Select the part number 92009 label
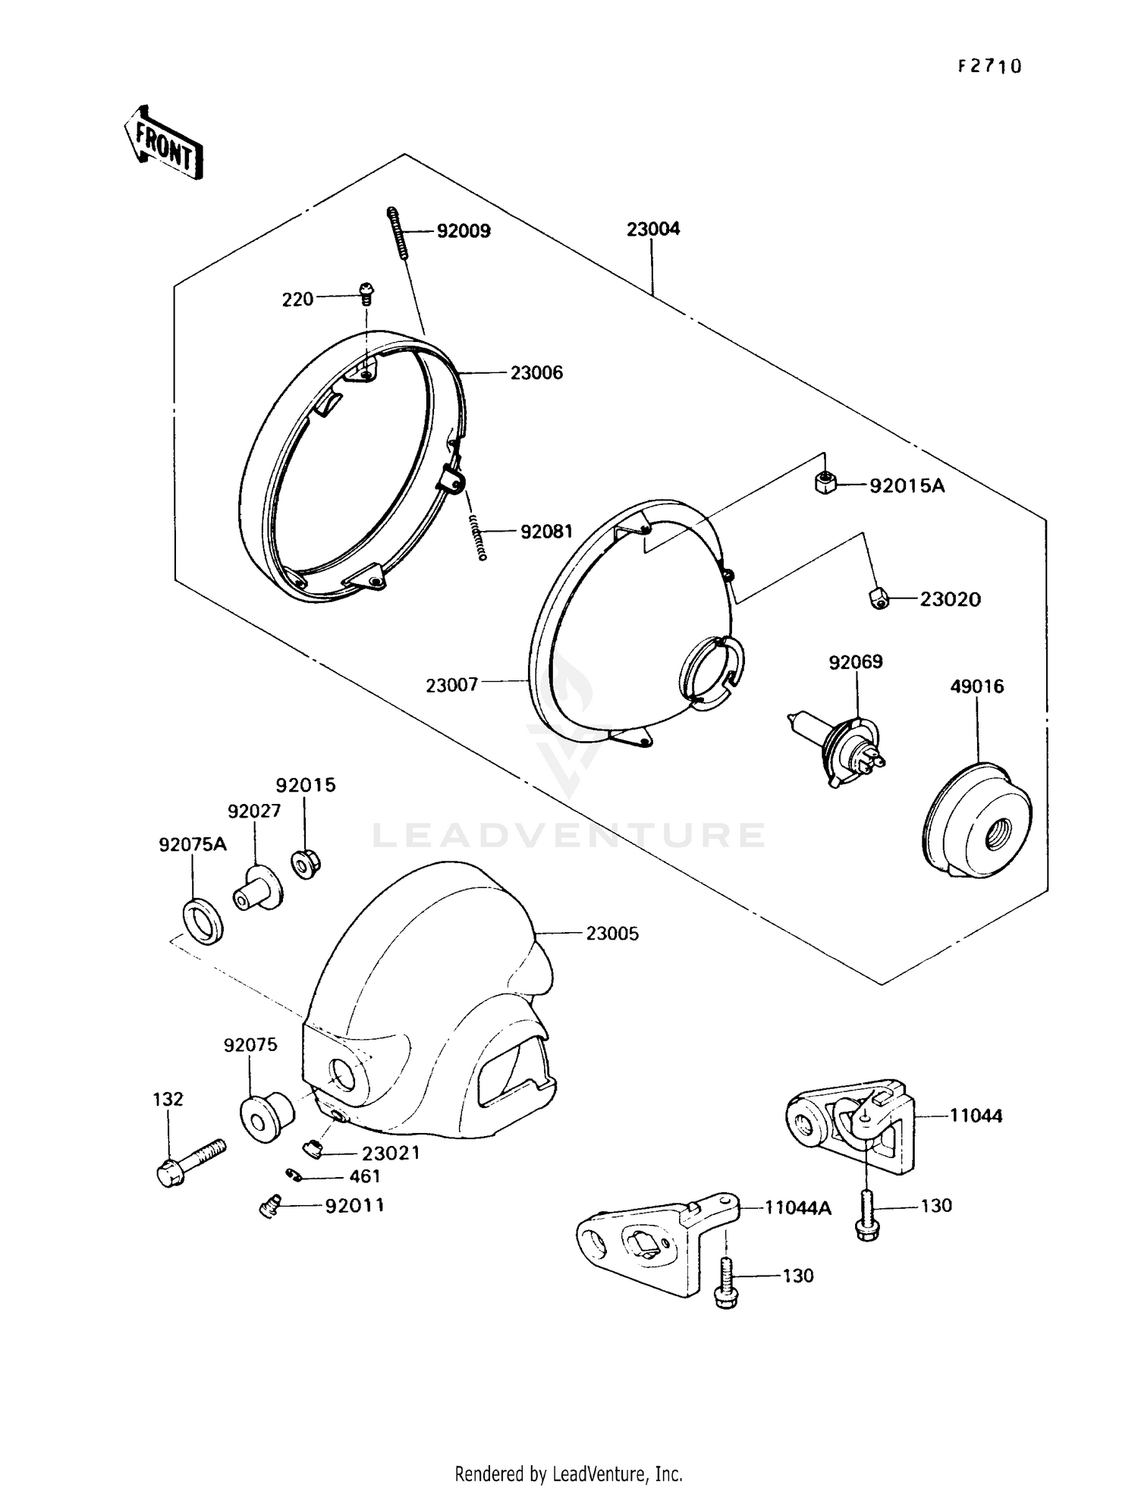coord(463,231)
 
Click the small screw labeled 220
coord(367,292)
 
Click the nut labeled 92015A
coord(825,482)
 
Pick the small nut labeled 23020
coord(878,598)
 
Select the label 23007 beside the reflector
coord(451,685)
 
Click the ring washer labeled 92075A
coord(203,919)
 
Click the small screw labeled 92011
coord(269,1205)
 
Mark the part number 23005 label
coord(611,934)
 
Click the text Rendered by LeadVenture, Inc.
coord(568,1474)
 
